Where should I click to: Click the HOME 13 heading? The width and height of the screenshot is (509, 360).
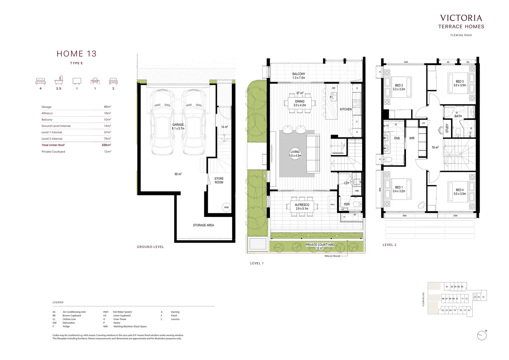coord(76,54)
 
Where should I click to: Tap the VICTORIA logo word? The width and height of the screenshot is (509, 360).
coord(461,18)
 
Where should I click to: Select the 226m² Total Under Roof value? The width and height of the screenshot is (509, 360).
coord(106,145)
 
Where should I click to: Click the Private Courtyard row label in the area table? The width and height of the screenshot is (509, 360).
coord(53,152)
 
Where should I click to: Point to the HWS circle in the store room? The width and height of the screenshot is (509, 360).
coord(227,207)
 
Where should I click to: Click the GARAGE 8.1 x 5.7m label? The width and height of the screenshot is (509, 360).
coord(178,127)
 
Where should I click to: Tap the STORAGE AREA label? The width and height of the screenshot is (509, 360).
coord(203,225)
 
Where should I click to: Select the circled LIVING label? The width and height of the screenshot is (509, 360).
coord(295,154)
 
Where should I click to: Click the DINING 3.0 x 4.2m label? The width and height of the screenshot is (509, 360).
coord(299,103)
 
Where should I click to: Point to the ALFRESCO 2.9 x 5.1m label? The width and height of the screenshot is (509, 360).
coord(302,207)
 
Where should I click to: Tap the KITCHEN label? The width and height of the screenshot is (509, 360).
coord(345,109)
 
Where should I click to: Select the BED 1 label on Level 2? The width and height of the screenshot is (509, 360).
coord(399,189)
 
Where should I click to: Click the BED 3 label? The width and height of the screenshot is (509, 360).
coord(459,83)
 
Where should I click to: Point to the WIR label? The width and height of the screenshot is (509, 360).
coord(412,138)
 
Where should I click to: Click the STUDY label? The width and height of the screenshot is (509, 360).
coord(447,128)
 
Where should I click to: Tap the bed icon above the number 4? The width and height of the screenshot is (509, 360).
coord(41,81)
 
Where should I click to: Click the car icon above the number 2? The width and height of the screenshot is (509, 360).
coord(113,81)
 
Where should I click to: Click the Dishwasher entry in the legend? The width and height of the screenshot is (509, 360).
coord(69,323)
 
